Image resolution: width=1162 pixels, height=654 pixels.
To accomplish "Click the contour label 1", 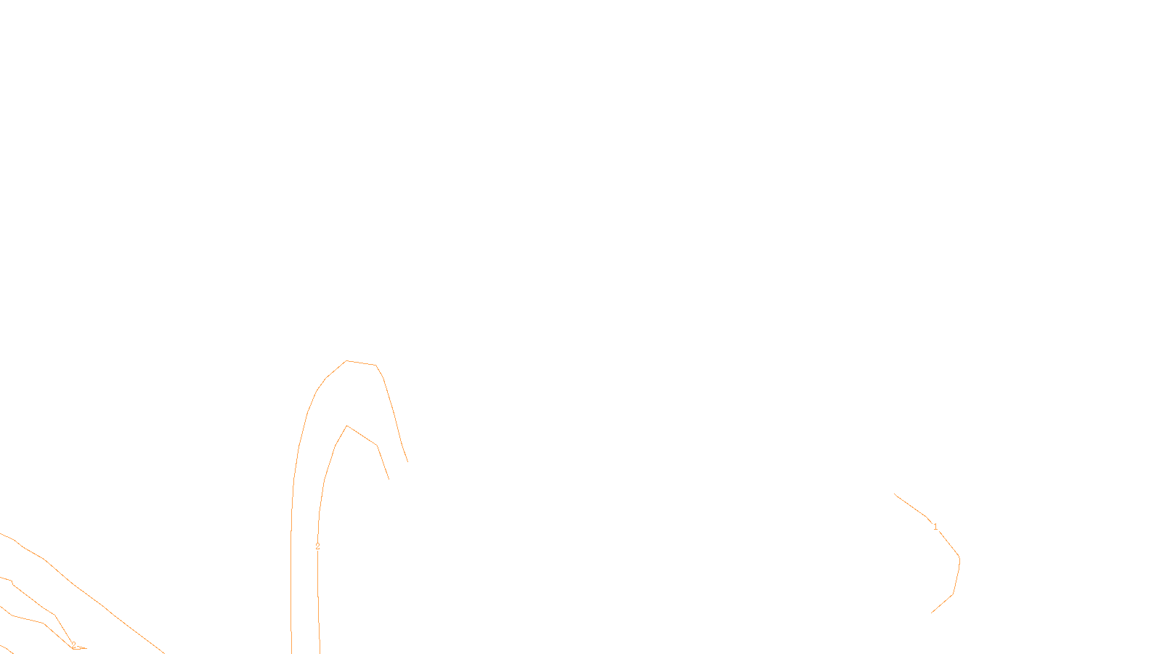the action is [x=935, y=527].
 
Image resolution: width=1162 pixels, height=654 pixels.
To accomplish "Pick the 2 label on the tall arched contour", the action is [x=317, y=546].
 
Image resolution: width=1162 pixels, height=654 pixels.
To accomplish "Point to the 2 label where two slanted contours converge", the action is [x=73, y=645].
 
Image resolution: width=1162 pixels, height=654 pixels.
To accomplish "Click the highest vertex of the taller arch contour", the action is [x=346, y=360].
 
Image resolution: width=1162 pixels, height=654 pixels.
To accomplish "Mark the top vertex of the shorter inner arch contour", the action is [x=347, y=426].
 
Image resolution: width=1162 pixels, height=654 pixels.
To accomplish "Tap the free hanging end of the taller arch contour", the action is [x=407, y=461].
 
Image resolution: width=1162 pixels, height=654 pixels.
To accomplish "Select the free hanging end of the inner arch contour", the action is [x=389, y=479].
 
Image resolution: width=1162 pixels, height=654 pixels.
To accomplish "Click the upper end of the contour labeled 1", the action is [x=895, y=494].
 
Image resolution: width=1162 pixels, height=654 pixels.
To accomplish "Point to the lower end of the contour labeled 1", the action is [x=932, y=613].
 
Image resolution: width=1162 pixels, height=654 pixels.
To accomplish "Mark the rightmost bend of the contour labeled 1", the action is [x=959, y=558].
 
